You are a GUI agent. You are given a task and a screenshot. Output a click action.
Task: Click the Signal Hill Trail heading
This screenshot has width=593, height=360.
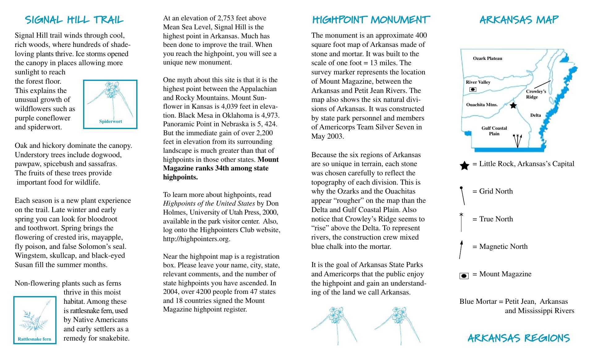[x=74, y=20]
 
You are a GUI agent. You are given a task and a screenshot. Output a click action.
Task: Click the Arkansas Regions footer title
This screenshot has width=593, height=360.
[x=519, y=338]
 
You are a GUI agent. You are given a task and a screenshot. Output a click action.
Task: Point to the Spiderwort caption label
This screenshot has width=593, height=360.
[x=110, y=121]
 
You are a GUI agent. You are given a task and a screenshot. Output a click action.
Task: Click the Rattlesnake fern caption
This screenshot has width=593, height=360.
[x=34, y=339]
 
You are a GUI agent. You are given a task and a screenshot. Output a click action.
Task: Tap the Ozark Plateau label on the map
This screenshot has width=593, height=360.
[x=487, y=58]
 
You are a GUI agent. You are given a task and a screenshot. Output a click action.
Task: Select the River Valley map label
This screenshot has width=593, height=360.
[x=478, y=82]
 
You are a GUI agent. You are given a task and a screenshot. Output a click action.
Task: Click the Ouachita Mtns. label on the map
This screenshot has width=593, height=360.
[x=482, y=105]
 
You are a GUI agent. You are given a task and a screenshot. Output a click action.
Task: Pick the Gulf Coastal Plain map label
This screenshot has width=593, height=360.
[x=494, y=131]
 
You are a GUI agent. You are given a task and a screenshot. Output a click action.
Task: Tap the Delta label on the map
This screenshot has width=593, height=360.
[x=536, y=115]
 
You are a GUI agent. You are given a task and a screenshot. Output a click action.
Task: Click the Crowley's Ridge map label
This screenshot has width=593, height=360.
[x=536, y=94]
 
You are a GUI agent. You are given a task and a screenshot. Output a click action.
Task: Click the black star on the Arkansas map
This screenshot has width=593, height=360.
[x=513, y=106]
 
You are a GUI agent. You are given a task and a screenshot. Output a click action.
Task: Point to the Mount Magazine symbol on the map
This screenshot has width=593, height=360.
[x=473, y=90]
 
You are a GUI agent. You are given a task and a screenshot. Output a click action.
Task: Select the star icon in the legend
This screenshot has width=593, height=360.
[x=464, y=166]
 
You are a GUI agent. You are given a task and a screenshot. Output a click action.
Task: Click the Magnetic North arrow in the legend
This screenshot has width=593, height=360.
[x=461, y=249]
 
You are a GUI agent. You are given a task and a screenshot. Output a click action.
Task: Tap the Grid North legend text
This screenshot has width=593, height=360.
[x=496, y=191]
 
